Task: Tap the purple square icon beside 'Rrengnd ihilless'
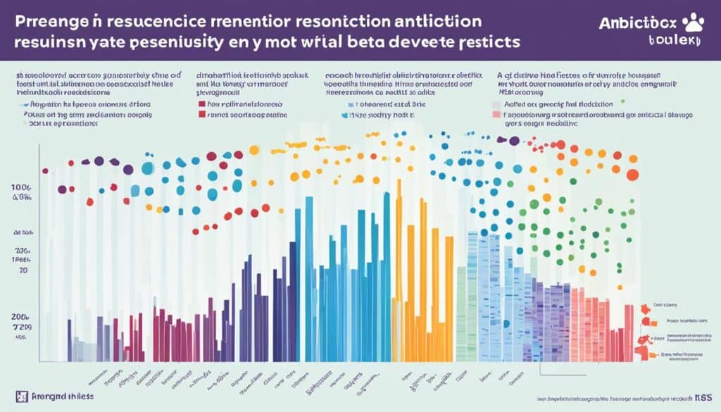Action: click(x=19, y=396)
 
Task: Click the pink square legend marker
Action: click(x=496, y=113)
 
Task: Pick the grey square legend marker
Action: click(x=496, y=103)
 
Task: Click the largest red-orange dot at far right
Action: click(x=632, y=175)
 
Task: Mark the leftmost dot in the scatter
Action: click(x=46, y=170)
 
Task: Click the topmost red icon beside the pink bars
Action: click(x=646, y=309)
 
